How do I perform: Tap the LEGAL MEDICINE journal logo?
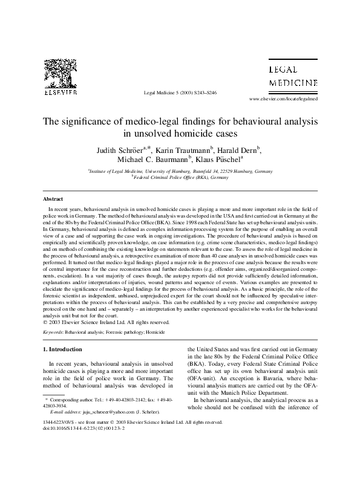292,76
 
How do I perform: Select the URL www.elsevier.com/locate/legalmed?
284,98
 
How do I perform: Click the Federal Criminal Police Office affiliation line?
180,179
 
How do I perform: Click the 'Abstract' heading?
53,199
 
